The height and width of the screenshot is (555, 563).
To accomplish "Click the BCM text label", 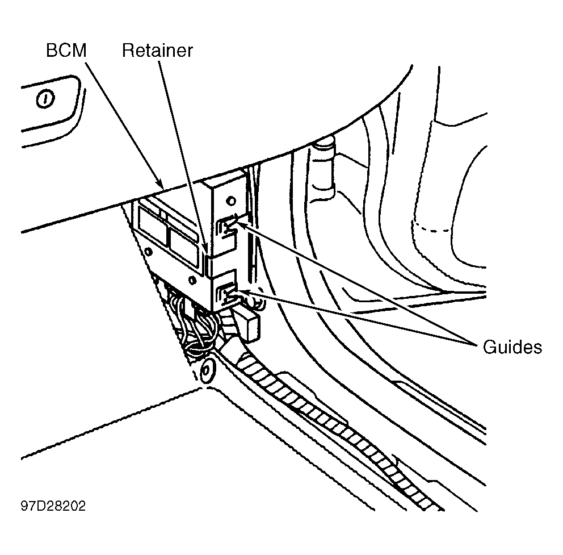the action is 66,51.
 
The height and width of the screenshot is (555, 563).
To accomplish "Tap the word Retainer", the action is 157,51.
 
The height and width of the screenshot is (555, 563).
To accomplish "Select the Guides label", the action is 512,347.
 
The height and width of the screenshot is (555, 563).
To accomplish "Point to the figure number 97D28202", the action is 53,506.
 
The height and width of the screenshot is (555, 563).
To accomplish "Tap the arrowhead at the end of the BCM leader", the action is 161,185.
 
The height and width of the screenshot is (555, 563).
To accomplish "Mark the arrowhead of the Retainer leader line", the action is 205,249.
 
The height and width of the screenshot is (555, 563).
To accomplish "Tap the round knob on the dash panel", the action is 45,98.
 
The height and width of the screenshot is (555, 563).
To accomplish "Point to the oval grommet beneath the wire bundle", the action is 208,370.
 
